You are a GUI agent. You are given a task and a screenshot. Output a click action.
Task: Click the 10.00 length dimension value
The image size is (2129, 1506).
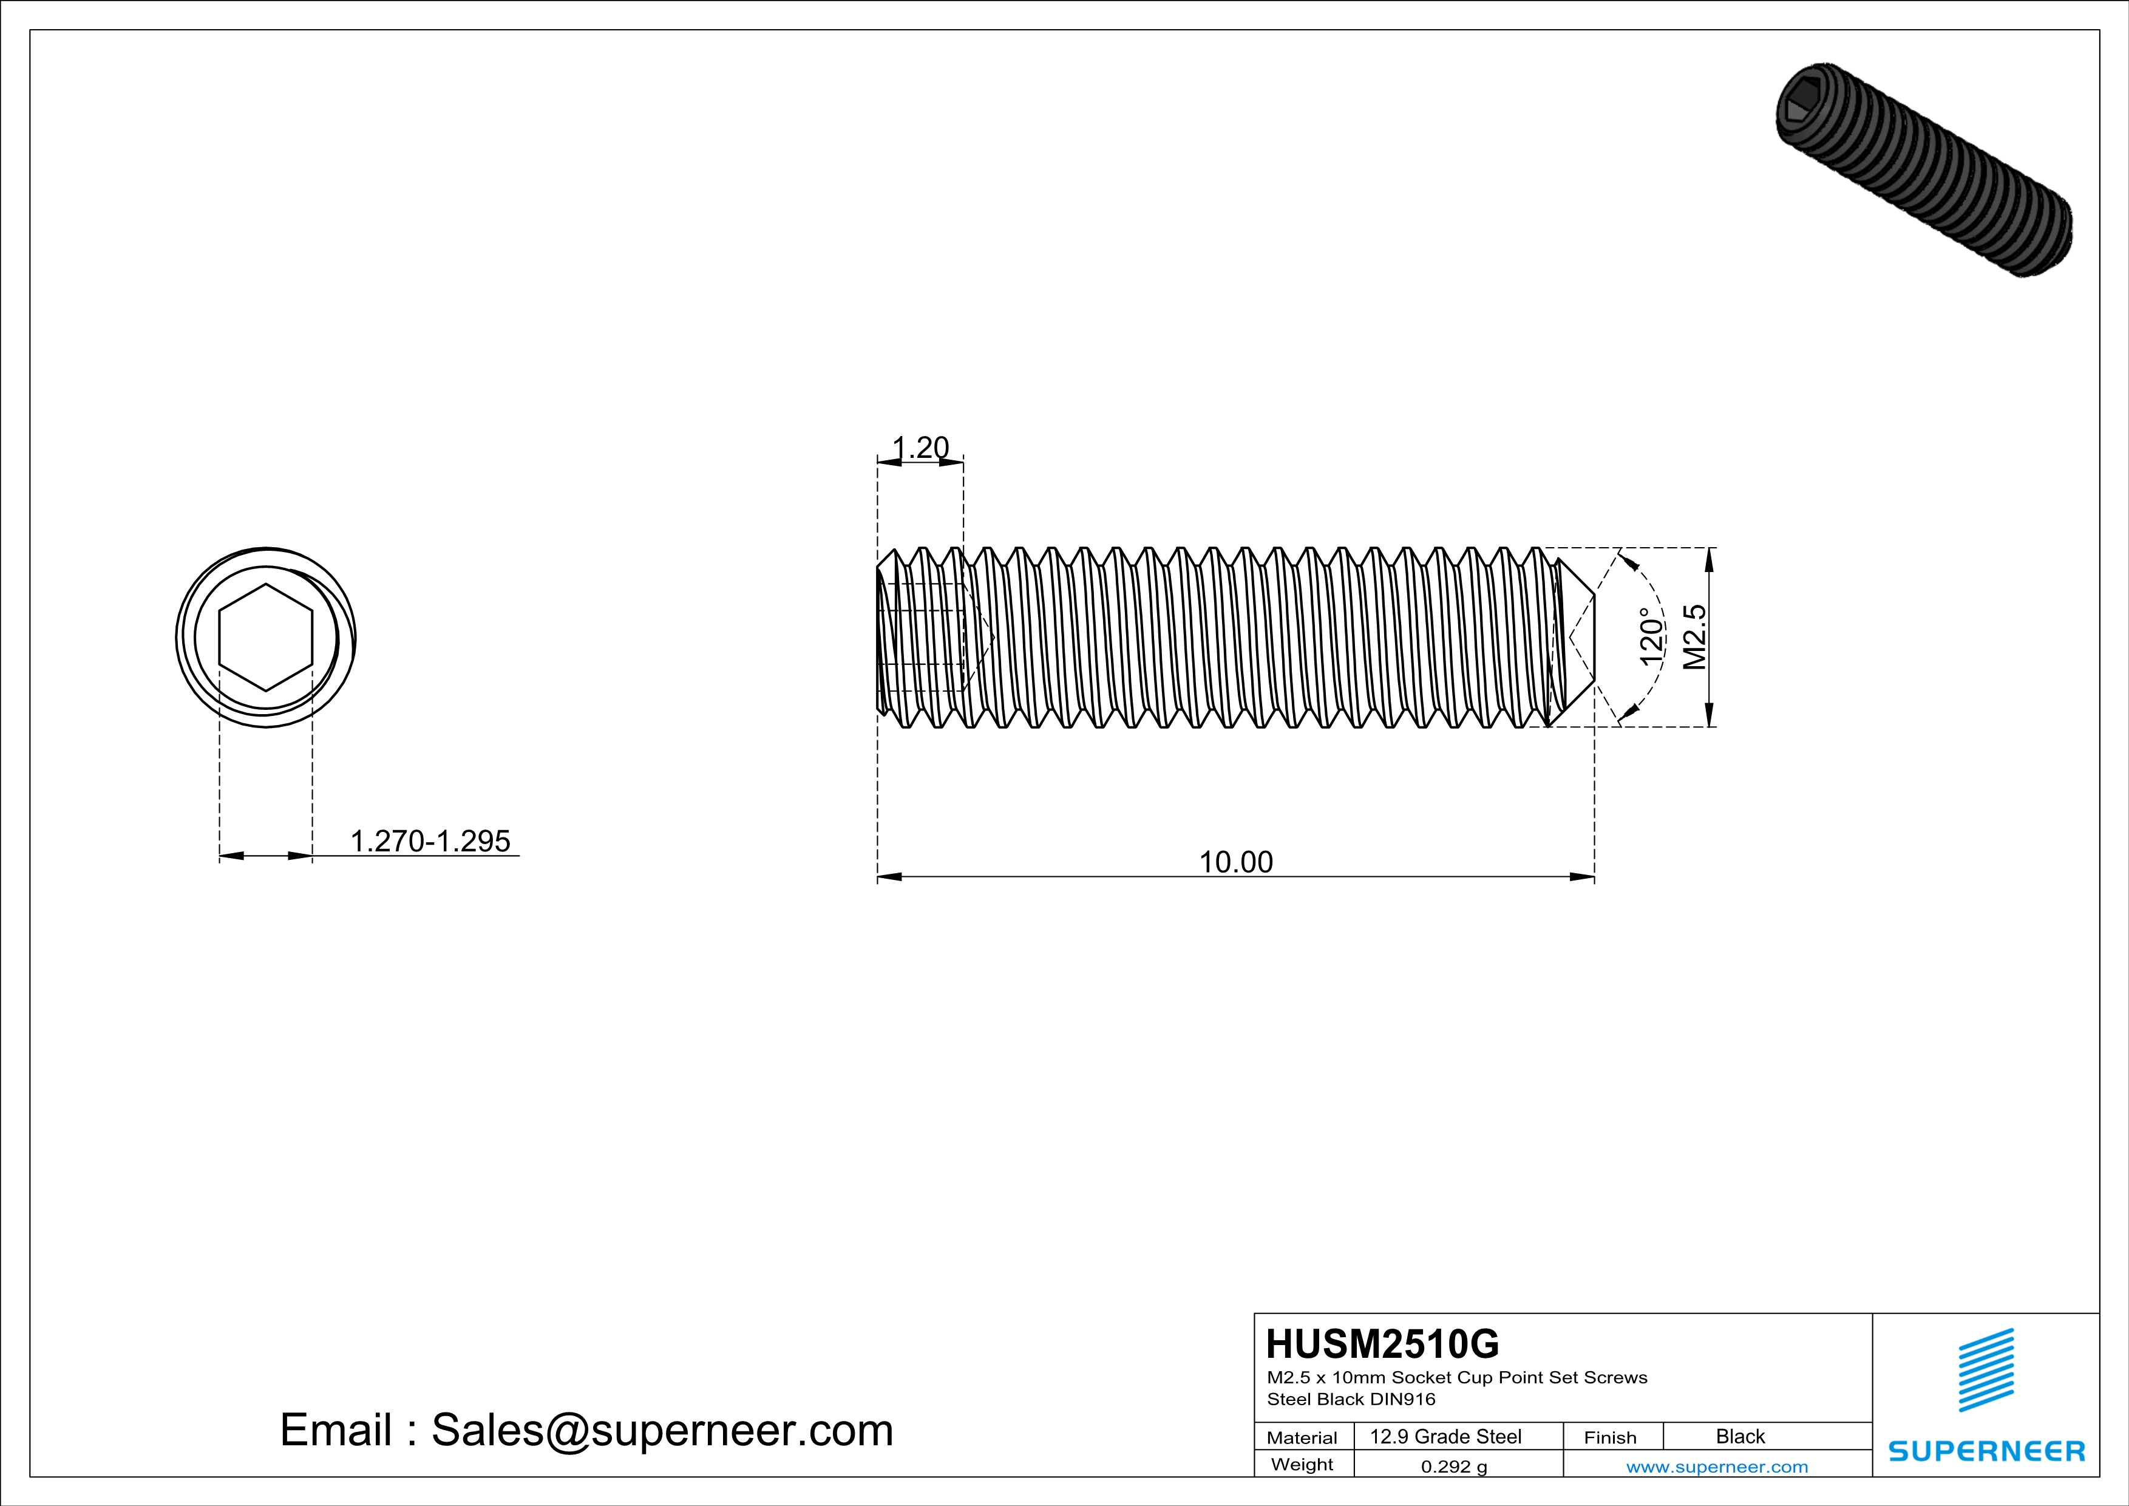(1236, 862)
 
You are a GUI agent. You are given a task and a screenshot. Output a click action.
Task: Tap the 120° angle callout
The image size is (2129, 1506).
(1651, 637)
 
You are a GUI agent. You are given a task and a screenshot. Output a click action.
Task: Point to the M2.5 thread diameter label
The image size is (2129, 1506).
(1694, 637)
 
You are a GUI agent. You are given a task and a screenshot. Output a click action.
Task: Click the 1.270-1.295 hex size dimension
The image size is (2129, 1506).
(430, 841)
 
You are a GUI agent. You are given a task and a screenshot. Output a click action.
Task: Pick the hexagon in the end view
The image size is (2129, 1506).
(266, 637)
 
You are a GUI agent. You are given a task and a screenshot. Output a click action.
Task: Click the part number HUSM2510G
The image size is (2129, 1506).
(1382, 1344)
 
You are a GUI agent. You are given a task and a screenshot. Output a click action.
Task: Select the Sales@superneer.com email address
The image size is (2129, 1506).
(662, 1430)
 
